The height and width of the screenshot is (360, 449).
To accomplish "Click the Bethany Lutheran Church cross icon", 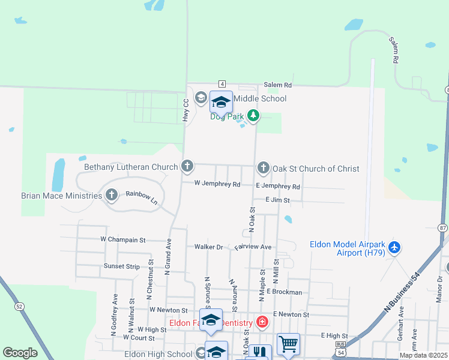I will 188,166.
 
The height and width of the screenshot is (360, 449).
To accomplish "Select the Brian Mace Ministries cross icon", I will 111,194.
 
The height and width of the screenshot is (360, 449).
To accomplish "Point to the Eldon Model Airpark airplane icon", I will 394,247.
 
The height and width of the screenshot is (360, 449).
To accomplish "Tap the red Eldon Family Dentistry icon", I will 262,322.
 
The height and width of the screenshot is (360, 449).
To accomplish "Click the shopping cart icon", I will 288,344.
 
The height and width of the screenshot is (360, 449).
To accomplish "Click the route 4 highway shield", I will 222,83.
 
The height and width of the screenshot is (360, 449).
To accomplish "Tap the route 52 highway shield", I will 20,306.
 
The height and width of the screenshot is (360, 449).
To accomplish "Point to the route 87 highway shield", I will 443,227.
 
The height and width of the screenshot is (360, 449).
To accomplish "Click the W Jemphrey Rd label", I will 217,184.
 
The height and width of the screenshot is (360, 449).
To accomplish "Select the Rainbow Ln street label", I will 141,197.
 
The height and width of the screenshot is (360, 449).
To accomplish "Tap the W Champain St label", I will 123,239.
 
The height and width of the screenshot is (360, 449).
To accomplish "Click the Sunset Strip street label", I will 121,266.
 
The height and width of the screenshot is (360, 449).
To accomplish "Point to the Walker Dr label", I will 208,247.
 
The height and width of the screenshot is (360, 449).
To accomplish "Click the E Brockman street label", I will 285,292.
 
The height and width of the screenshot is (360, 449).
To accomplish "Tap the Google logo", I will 20,353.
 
